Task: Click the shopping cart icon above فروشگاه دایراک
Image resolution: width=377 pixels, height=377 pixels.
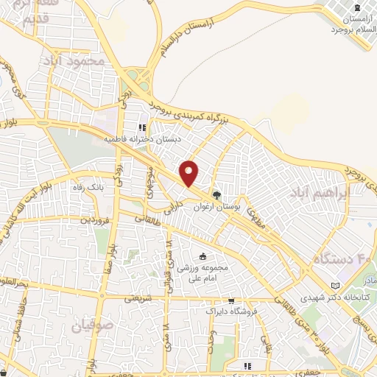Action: pyautogui.click(x=231, y=301)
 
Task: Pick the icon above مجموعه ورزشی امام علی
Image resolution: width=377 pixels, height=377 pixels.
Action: pyautogui.click(x=203, y=256)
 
